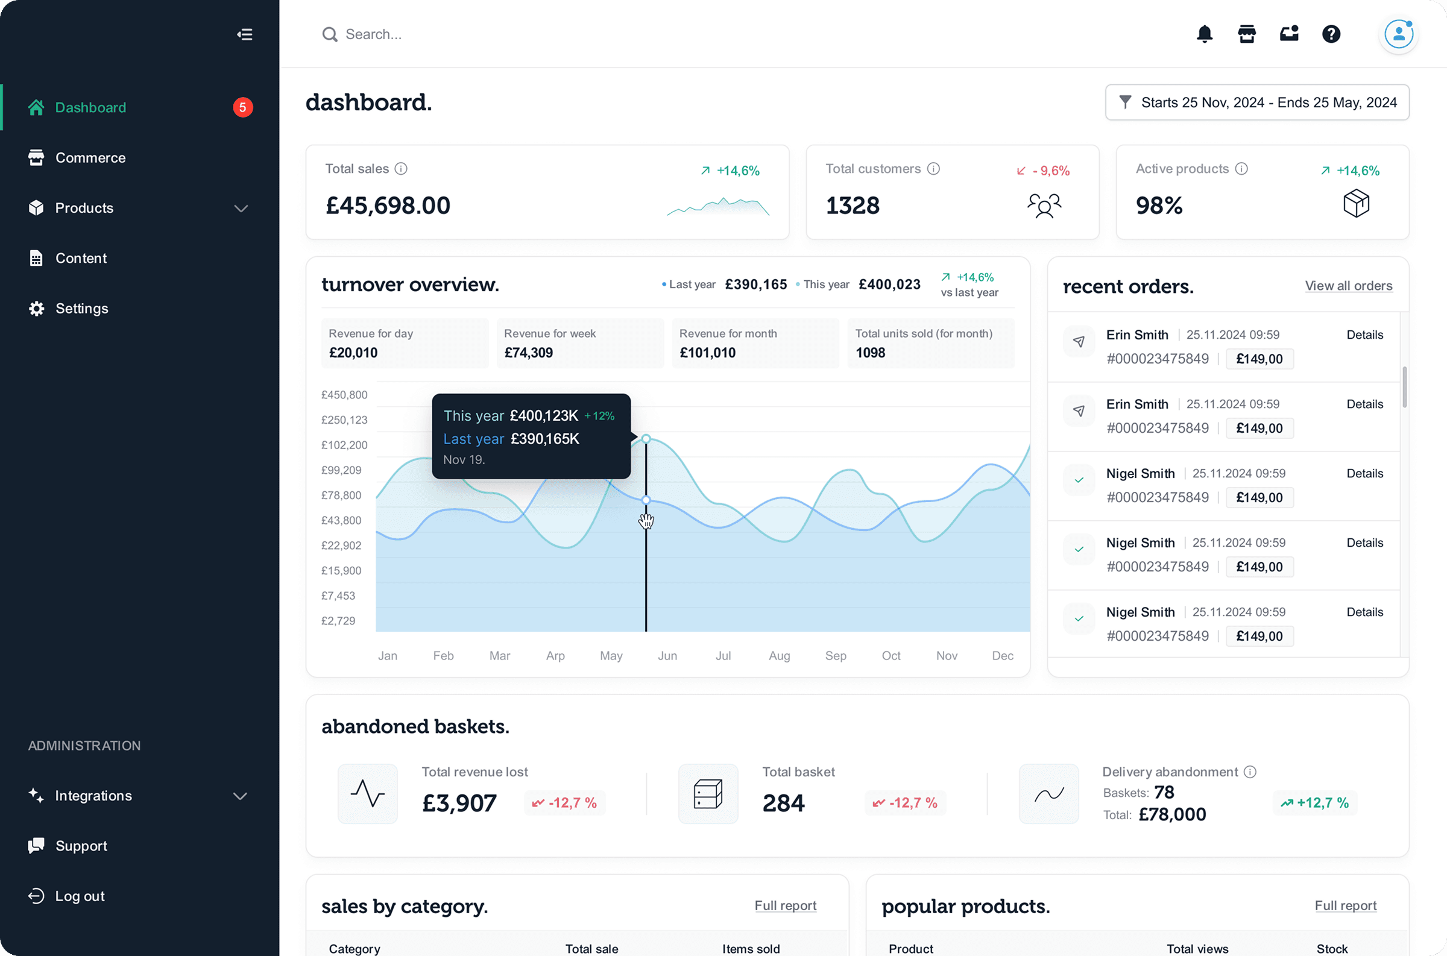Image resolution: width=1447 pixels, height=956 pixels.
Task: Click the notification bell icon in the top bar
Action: tap(1204, 34)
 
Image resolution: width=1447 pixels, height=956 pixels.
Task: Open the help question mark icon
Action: tap(1331, 34)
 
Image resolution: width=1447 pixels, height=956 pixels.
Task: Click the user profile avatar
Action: tap(1398, 34)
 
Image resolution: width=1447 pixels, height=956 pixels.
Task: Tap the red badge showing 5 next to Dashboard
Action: tap(243, 107)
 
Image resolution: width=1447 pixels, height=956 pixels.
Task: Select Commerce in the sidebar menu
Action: tap(90, 158)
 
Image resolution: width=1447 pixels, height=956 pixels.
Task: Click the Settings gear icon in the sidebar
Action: tap(37, 309)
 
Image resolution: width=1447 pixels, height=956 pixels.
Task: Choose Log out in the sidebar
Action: tap(79, 896)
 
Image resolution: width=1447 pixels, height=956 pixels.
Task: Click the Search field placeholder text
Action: tap(373, 35)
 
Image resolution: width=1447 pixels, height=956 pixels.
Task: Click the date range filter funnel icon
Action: tap(1125, 102)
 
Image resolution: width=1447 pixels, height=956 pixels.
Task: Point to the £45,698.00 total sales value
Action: tap(388, 206)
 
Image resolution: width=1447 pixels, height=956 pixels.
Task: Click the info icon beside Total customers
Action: tap(933, 169)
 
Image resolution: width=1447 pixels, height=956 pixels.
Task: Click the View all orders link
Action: tap(1348, 286)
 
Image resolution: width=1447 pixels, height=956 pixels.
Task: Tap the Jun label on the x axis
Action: tap(667, 656)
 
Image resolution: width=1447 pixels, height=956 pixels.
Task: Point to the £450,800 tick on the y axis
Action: tap(344, 395)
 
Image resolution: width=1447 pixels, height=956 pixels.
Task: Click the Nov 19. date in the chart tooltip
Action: tap(464, 460)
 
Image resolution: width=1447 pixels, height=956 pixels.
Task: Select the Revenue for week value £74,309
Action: tap(528, 353)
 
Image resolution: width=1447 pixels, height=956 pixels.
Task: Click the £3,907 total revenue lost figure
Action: tap(459, 803)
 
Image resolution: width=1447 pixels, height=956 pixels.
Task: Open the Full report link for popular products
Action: tap(1345, 906)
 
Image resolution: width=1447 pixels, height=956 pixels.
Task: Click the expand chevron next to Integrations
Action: tap(240, 796)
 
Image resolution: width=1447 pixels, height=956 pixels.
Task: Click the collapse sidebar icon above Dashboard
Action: tap(245, 35)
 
